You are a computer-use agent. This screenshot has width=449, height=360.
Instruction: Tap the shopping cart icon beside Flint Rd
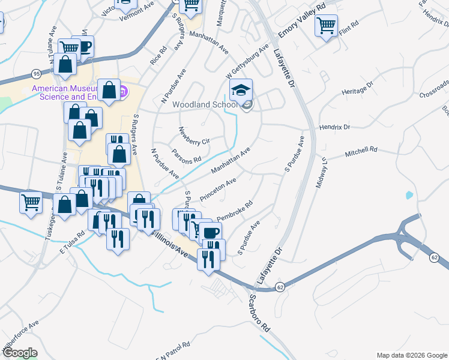(x=326, y=26)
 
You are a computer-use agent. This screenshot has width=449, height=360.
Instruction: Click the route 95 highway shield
(x=36, y=73)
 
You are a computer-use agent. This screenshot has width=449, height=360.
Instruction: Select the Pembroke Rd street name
(x=234, y=210)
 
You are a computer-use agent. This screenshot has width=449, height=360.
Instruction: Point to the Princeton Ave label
(x=218, y=188)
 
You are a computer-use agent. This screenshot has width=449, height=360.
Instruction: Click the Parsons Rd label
(x=186, y=157)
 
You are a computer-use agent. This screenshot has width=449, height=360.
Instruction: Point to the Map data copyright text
(x=411, y=355)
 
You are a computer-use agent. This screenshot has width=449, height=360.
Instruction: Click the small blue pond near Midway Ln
(x=409, y=195)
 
